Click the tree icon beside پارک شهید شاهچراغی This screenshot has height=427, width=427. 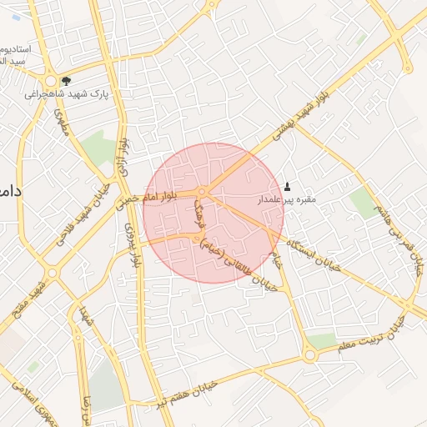click(66, 81)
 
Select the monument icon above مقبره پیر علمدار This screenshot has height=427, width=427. click(289, 186)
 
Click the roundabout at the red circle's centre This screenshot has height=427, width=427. click(203, 193)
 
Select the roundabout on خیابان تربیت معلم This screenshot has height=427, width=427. click(310, 355)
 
